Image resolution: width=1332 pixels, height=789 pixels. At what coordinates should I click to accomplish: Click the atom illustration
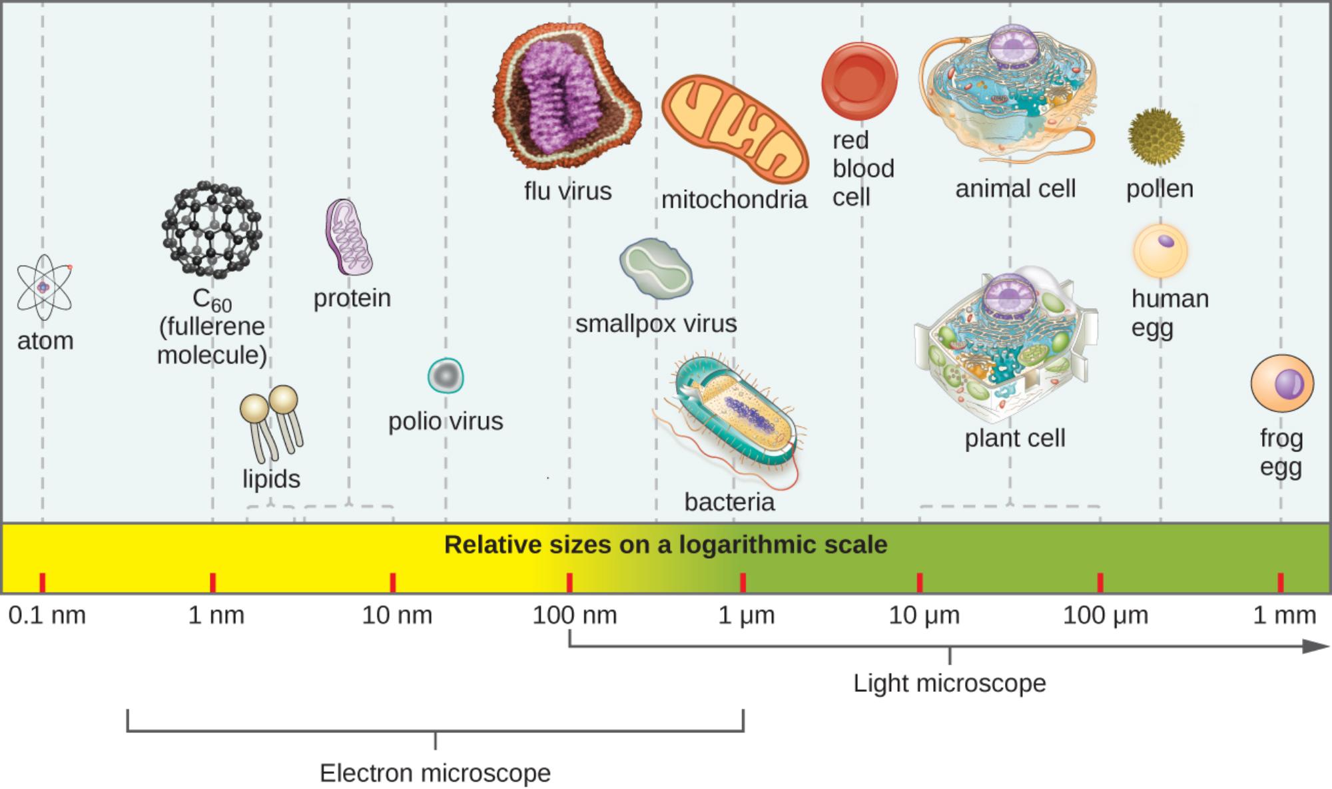[x=44, y=288]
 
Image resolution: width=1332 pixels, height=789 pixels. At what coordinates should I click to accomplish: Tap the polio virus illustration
[x=446, y=376]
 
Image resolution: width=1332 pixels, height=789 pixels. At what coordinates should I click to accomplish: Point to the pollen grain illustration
[x=1156, y=137]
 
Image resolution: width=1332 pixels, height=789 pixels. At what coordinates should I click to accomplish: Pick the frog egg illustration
[x=1282, y=384]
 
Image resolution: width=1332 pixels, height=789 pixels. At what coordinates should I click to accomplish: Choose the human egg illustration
[x=1161, y=251]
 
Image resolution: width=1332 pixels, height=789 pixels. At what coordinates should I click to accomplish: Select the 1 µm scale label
[x=746, y=615]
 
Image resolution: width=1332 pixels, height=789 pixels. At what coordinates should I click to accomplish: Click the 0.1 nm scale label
[x=47, y=615]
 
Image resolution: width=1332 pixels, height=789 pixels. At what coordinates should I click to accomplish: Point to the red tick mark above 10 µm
[x=920, y=583]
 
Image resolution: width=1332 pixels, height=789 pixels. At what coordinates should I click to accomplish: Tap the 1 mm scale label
[x=1284, y=615]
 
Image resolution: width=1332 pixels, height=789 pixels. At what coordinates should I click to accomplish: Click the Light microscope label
[x=949, y=683]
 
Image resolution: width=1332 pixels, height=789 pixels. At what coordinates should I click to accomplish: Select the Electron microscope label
[x=435, y=773]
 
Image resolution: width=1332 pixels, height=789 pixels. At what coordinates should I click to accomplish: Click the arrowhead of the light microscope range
[x=1316, y=646]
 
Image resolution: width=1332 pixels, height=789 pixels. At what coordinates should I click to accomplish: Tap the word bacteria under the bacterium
[x=729, y=502]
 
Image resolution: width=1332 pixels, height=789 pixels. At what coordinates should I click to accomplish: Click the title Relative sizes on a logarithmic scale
[x=665, y=545]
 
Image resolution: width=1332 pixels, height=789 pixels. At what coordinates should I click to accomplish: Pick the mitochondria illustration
[x=735, y=129]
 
